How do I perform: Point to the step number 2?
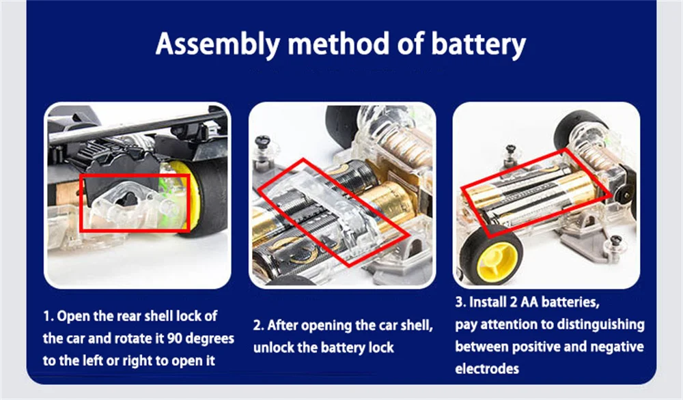[258, 326]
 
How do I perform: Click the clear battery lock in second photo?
[321, 205]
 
